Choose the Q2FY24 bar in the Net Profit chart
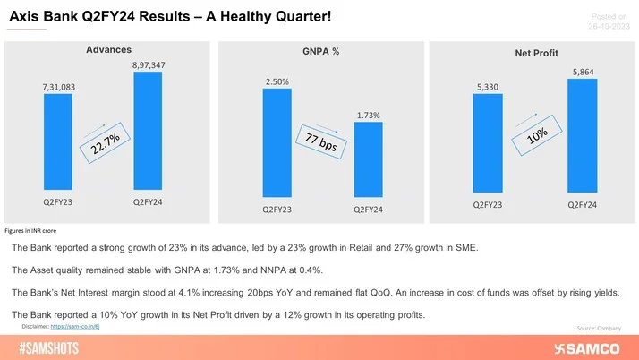click(581, 134)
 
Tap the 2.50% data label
click(277, 82)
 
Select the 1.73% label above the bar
click(368, 116)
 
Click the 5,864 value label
click(581, 71)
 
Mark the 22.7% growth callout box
click(106, 141)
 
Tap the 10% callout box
click(536, 135)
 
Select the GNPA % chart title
click(321, 53)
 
